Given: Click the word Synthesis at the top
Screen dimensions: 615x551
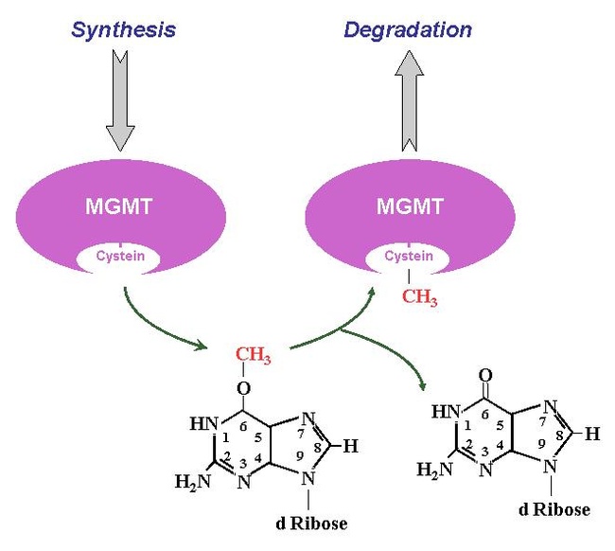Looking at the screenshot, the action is click(124, 30).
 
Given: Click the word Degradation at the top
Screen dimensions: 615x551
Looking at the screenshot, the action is click(408, 30).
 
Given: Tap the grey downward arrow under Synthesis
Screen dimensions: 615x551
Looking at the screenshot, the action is click(120, 100).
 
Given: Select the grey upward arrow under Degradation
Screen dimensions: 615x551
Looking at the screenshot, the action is click(409, 101).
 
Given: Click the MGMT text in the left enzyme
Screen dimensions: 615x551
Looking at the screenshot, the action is click(119, 206).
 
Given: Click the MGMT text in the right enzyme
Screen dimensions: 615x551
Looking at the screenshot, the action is click(410, 206).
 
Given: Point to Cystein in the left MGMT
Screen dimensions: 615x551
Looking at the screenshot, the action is click(120, 257).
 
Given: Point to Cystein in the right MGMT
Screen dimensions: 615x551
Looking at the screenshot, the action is click(409, 257).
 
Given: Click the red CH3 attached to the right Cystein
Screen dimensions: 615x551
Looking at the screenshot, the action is click(419, 296).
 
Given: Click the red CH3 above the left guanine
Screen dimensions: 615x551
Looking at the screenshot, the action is click(253, 355).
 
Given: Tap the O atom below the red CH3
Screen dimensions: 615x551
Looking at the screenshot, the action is click(243, 388).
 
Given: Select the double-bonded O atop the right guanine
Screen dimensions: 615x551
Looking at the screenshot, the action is click(485, 376).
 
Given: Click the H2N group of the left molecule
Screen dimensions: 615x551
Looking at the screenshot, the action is click(193, 482).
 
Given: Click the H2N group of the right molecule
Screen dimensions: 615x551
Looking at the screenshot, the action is click(434, 470).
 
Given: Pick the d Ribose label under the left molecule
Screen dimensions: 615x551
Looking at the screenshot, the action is click(311, 524).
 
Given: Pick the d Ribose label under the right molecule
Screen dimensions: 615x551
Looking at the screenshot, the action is click(554, 509).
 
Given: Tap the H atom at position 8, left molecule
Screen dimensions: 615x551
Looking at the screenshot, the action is click(351, 446).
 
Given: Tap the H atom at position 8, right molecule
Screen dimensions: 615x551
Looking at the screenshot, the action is click(592, 434).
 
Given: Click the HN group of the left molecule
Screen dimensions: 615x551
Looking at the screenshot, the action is click(204, 424).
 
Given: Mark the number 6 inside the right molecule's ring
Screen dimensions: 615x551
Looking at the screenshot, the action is click(485, 415).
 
